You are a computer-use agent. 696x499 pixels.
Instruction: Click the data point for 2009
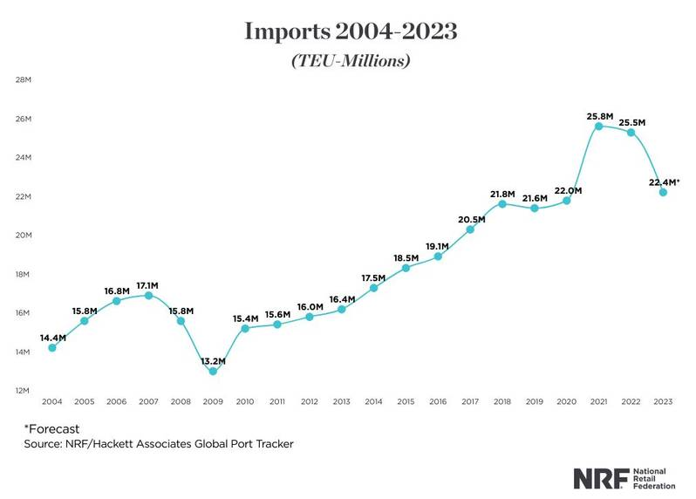point(213,372)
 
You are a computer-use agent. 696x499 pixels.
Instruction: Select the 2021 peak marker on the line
point(598,126)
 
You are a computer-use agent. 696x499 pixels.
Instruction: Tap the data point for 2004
point(52,348)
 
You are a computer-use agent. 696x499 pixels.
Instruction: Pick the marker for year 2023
point(663,193)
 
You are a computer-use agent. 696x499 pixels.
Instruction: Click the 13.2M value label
point(213,360)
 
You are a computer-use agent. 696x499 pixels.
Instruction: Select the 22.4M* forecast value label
point(664,181)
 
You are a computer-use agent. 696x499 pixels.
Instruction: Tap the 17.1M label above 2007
point(148,285)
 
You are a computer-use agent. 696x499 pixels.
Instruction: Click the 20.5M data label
point(470,219)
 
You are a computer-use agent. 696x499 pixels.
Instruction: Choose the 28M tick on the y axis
point(24,80)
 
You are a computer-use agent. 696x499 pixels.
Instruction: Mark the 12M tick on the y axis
point(24,391)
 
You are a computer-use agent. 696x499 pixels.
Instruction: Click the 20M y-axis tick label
point(24,236)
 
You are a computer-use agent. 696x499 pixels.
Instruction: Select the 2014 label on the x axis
point(373,402)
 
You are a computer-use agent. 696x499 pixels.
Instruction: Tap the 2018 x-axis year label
point(502,402)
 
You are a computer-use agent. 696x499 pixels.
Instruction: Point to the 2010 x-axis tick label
point(245,402)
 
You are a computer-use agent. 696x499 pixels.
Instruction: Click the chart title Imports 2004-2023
point(351,32)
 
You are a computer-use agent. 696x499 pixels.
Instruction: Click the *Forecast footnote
point(53,428)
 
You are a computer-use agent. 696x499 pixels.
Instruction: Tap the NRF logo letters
point(600,478)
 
